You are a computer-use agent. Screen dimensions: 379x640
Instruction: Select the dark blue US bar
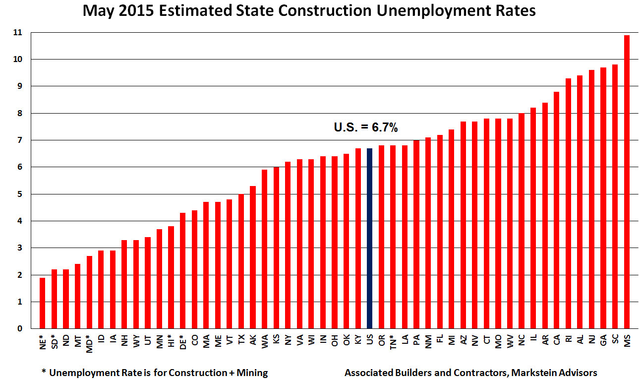(x=369, y=238)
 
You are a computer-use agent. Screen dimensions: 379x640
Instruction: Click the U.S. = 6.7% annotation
(x=366, y=128)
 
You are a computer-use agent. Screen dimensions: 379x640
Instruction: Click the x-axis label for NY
(x=288, y=341)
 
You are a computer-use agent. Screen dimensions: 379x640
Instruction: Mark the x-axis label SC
(x=615, y=341)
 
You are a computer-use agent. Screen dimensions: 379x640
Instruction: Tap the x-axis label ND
(x=66, y=341)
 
